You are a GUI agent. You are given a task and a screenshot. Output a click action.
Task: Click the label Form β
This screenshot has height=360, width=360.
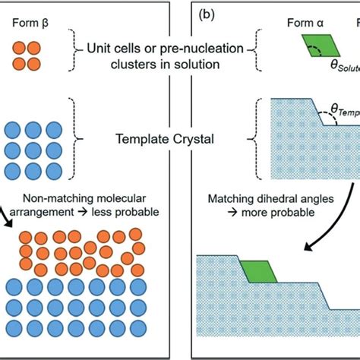coord(32,22)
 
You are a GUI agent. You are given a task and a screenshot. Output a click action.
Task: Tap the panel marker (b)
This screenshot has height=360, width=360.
coord(210,14)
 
